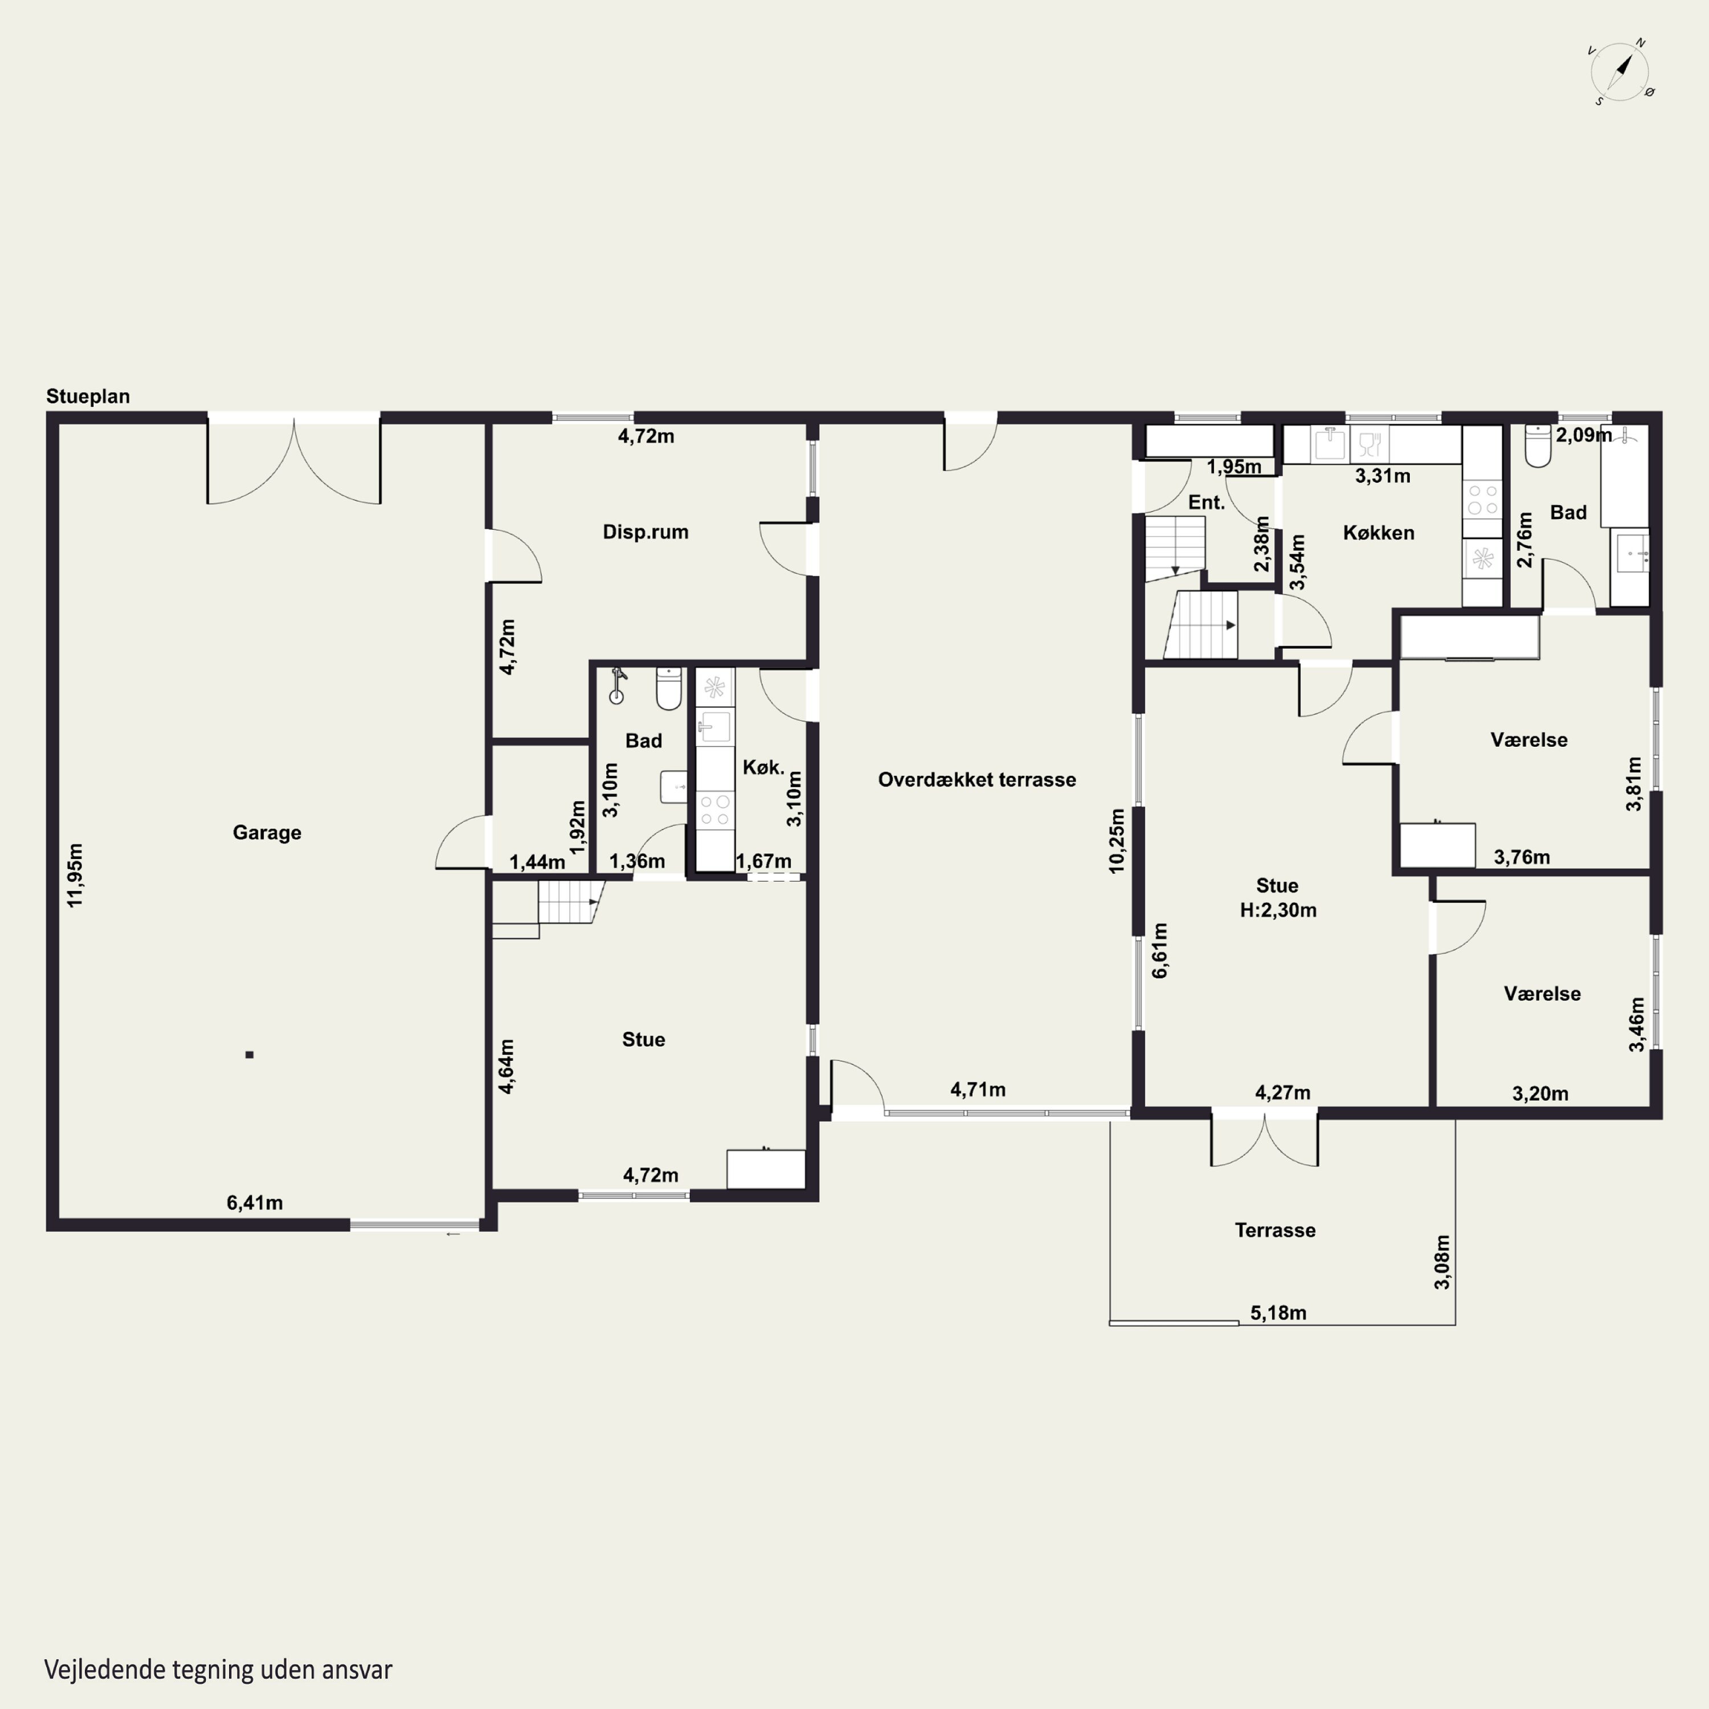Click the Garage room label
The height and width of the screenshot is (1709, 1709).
pyautogui.click(x=267, y=832)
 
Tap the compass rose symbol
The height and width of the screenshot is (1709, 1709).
pyautogui.click(x=1621, y=72)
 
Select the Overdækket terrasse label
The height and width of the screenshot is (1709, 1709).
pyautogui.click(x=976, y=779)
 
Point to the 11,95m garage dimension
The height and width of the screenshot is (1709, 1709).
pyautogui.click(x=75, y=875)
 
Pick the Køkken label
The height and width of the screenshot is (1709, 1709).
pyautogui.click(x=1378, y=533)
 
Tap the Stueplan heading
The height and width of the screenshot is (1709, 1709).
pyautogui.click(x=88, y=396)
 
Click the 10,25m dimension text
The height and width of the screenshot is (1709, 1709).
pyautogui.click(x=1117, y=840)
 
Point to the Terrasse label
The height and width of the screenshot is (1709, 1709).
pyautogui.click(x=1275, y=1230)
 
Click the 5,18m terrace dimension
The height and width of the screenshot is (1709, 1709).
pyautogui.click(x=1278, y=1313)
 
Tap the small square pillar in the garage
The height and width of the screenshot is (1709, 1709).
pyautogui.click(x=250, y=1054)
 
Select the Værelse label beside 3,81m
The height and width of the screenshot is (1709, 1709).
pyautogui.click(x=1528, y=739)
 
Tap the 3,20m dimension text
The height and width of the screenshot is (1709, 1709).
pyautogui.click(x=1540, y=1093)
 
